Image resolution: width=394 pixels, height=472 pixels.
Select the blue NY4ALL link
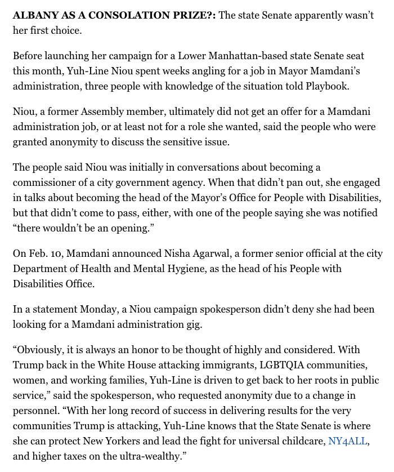coord(349,441)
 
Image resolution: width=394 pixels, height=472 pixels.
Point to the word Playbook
coord(326,86)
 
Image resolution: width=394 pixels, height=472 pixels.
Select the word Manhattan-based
coord(224,56)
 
